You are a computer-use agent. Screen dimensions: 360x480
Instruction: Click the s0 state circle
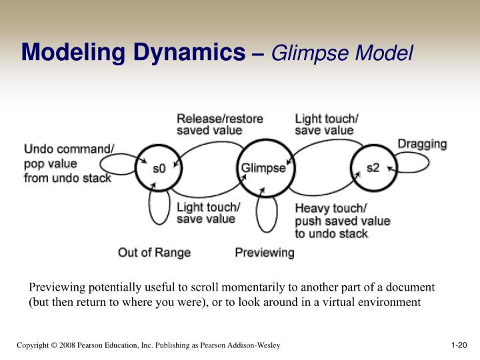click(x=159, y=167)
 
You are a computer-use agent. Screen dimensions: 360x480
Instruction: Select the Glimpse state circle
click(x=263, y=167)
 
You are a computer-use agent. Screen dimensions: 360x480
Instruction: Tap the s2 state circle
click(x=373, y=167)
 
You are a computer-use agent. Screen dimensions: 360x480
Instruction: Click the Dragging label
click(x=423, y=144)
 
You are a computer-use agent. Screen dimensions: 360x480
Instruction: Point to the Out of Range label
click(x=154, y=253)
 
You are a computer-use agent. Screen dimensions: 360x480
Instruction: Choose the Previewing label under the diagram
click(x=264, y=253)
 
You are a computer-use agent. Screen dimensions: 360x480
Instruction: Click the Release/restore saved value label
click(x=219, y=125)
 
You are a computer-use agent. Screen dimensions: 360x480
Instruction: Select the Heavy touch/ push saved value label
click(x=342, y=221)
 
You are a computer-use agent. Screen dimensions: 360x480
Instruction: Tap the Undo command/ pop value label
click(x=69, y=163)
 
